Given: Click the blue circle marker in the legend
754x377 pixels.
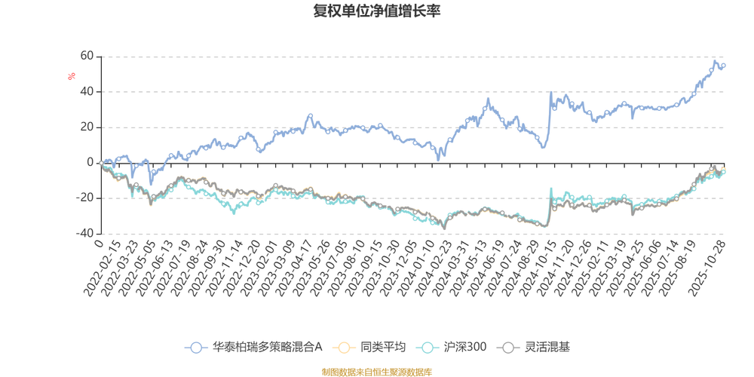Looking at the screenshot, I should click(196, 348).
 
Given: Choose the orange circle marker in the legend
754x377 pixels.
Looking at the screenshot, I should click(345, 348).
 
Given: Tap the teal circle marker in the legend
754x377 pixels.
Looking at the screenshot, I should click(428, 348).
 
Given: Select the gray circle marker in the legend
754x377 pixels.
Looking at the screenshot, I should click(510, 348).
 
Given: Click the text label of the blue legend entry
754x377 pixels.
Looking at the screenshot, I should click(268, 348).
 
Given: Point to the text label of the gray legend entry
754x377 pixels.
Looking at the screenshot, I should click(548, 348).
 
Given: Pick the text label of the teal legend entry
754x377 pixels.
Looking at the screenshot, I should click(466, 348).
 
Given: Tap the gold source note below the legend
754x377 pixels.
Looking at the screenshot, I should click(376, 370).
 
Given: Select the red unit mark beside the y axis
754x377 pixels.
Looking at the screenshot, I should click(72, 75).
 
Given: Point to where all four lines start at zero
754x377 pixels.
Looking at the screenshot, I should click(100, 162).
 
